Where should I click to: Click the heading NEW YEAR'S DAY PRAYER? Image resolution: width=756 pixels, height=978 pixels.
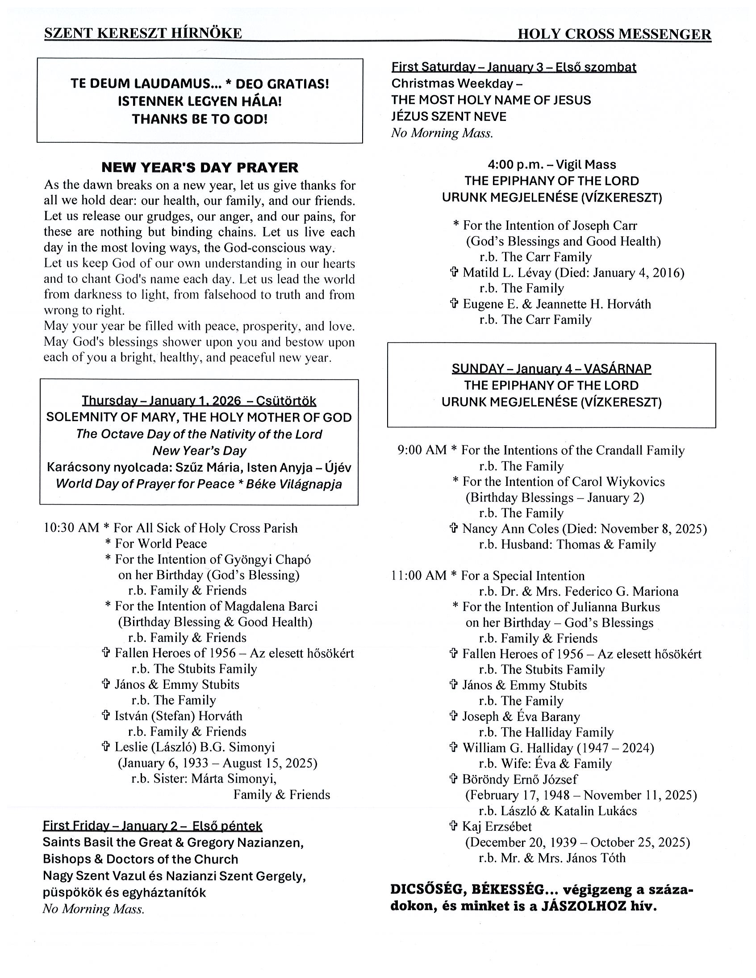200,167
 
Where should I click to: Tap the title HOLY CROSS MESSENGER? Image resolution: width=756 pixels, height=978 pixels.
614,34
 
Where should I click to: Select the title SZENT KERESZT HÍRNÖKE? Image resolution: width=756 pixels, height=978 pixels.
143,33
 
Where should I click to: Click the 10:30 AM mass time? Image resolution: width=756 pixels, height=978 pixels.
71,528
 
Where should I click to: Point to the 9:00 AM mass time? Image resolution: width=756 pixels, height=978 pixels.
422,450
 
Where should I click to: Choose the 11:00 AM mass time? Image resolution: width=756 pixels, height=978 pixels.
418,576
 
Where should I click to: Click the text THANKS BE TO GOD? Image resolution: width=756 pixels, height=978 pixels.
200,119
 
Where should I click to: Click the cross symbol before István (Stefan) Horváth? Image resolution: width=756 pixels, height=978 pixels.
106,716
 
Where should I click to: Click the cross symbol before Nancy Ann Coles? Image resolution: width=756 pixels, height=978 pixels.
454,528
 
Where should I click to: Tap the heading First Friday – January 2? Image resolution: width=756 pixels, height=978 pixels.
152,826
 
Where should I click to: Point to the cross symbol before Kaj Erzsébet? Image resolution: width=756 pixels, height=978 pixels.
454,826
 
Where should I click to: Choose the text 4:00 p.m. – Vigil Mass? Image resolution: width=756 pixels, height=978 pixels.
551,165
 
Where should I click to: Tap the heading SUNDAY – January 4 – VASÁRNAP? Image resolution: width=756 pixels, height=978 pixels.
551,369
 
